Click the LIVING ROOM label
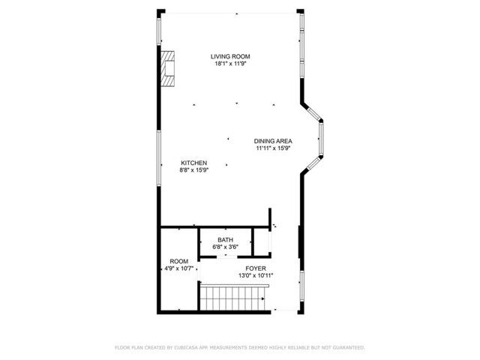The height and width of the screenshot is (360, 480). (229, 56)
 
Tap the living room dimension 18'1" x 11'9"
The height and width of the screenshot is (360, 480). (229, 64)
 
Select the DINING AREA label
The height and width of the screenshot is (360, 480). (273, 141)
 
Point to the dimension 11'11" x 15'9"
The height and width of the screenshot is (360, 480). (273, 148)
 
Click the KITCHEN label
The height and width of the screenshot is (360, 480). (193, 163)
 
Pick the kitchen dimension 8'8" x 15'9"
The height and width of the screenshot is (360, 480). (193, 170)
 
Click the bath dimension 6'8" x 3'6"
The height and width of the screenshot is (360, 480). (225, 246)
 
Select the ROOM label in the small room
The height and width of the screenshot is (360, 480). (178, 262)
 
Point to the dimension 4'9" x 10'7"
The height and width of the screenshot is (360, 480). (178, 268)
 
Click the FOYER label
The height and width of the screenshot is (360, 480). (256, 268)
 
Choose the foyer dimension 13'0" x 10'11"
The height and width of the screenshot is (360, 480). (256, 275)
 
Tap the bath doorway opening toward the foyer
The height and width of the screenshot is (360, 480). (225, 256)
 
